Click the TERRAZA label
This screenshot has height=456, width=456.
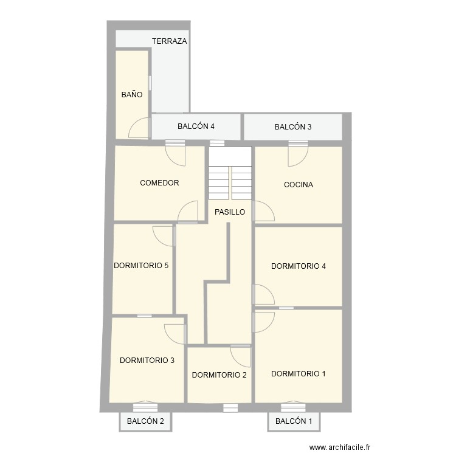point(170,41)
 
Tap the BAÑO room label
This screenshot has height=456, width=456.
point(132,95)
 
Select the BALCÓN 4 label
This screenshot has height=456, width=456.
point(196,127)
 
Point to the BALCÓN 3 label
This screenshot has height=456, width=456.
point(293,127)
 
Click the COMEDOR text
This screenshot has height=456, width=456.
point(159,183)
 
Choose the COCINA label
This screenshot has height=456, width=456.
point(299,185)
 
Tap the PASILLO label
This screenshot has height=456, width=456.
point(230,212)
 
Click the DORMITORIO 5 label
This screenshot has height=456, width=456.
point(141,266)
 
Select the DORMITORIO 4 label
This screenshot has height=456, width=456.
point(299,266)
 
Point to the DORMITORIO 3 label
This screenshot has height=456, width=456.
point(147,360)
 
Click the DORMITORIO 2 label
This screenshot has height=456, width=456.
point(219,375)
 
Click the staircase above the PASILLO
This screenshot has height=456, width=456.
point(230,173)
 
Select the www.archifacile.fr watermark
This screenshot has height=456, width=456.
point(339,447)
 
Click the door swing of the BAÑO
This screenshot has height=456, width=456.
point(140,128)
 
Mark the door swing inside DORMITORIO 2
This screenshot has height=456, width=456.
point(241,355)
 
